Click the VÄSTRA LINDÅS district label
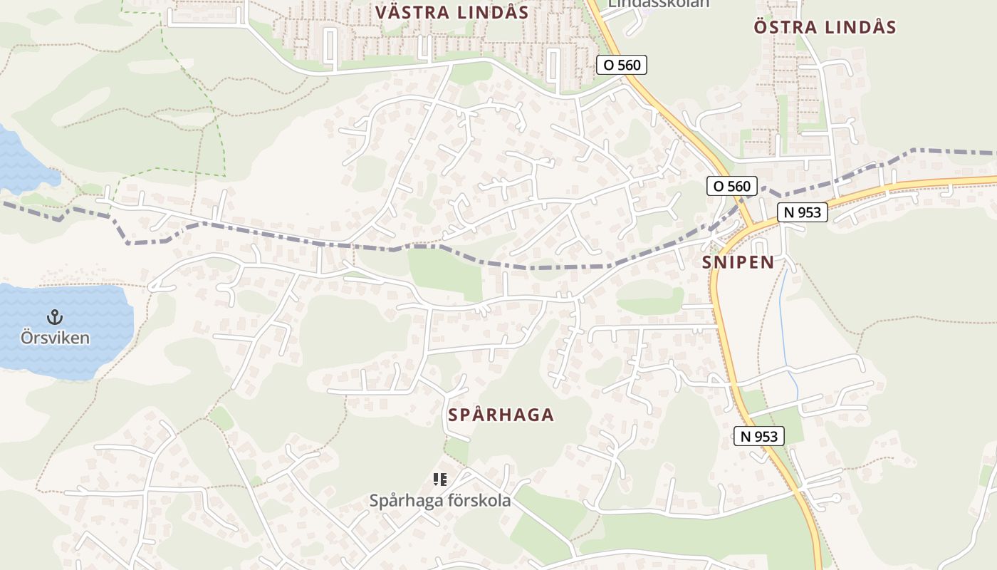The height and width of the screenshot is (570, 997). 451,13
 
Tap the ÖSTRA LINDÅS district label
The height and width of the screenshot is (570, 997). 825,28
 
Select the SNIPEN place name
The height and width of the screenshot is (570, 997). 738,262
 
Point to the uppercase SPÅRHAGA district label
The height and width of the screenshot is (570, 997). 501,415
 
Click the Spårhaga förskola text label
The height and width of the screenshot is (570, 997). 439,501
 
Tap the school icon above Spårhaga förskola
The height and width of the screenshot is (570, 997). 440,480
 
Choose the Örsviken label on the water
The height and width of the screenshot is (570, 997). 55,338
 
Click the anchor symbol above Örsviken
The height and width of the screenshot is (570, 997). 55,316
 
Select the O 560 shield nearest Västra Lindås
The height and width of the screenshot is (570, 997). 621,66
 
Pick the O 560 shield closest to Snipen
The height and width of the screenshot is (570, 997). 731,187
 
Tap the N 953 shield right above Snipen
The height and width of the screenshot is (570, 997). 802,212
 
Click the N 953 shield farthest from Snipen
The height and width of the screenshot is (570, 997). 758,437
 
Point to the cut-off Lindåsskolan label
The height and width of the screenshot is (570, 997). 658,4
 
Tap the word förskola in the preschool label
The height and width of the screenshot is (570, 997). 477,501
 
